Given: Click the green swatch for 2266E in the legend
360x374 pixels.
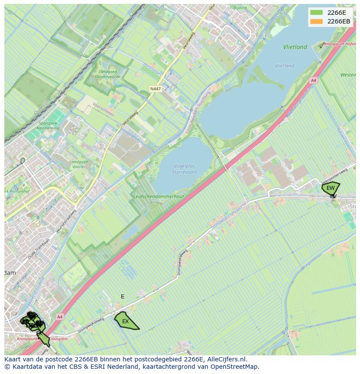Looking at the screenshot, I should pyautogui.click(x=317, y=13).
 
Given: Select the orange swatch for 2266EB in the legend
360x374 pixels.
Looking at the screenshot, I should pyautogui.click(x=317, y=21).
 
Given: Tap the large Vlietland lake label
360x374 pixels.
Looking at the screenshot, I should pyautogui.click(x=295, y=47).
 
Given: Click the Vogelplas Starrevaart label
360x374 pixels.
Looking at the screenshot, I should pyautogui.click(x=185, y=169).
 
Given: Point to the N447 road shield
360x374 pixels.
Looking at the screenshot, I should pyautogui.click(x=155, y=89).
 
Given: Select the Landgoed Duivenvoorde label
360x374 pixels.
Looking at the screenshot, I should pyautogui.click(x=107, y=74).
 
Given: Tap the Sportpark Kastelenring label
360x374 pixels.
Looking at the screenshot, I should pyautogui.click(x=48, y=126).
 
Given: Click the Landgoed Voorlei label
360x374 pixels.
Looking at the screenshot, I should pyautogui.click(x=78, y=165).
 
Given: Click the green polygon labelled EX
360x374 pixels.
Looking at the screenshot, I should pyautogui.click(x=125, y=321).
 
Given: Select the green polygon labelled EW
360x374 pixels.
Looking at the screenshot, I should pyautogui.click(x=330, y=188).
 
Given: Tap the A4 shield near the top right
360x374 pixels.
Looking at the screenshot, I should pyautogui.click(x=313, y=80).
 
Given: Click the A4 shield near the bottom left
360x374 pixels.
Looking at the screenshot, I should pyautogui.click(x=60, y=316).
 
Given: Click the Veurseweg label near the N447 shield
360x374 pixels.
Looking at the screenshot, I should pyautogui.click(x=130, y=118).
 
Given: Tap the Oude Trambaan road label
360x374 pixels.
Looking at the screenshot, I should pyautogui.click(x=39, y=249).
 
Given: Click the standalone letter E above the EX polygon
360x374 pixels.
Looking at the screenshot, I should pyautogui.click(x=123, y=297).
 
